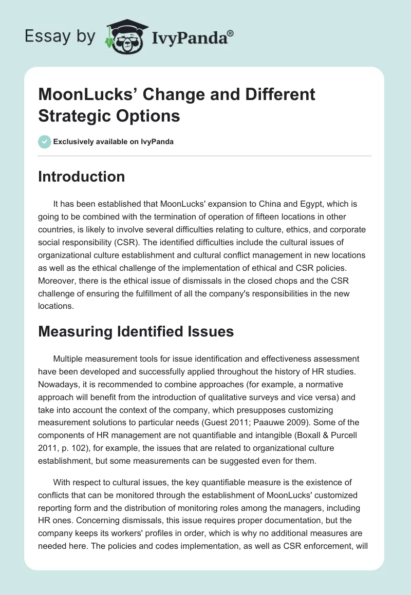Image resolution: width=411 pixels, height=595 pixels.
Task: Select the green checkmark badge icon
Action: tap(45, 142)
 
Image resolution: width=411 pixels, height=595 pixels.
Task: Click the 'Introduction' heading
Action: tap(81, 176)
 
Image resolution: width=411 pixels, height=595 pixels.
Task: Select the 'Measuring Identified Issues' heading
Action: tap(136, 331)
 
